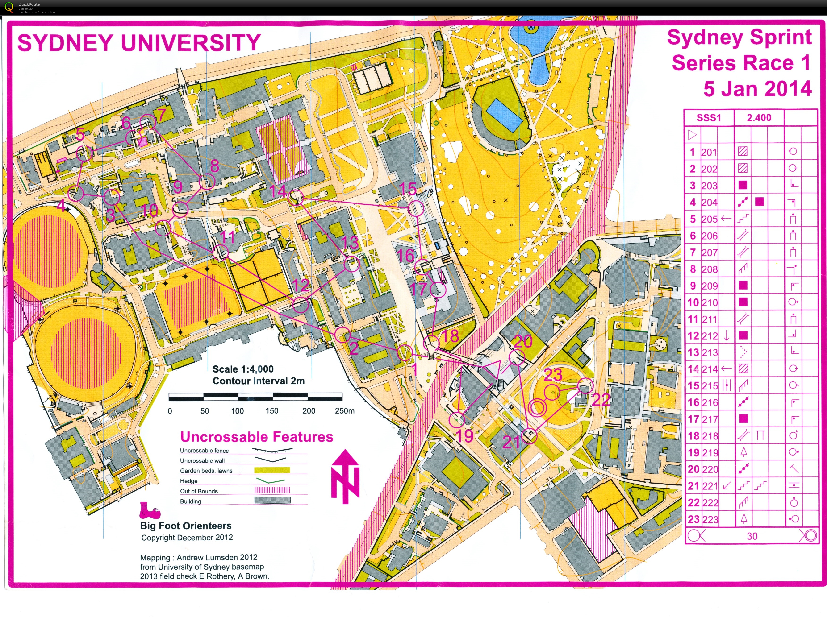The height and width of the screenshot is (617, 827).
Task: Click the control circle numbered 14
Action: pyautogui.click(x=296, y=197)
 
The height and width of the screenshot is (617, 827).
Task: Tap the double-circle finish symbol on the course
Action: pyautogui.click(x=537, y=407)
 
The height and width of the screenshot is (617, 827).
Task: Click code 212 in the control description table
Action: pyautogui.click(x=709, y=336)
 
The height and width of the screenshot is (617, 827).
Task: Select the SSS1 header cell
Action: pyautogui.click(x=709, y=118)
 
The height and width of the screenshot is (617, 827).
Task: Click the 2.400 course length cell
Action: pyautogui.click(x=759, y=118)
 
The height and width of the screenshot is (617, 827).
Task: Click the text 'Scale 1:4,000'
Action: pyautogui.click(x=243, y=369)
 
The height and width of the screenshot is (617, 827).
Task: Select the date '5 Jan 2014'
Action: pyautogui.click(x=757, y=89)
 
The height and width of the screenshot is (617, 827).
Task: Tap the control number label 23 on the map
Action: pyautogui.click(x=553, y=375)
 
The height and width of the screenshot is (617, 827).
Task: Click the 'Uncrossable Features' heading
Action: pyautogui.click(x=256, y=437)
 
